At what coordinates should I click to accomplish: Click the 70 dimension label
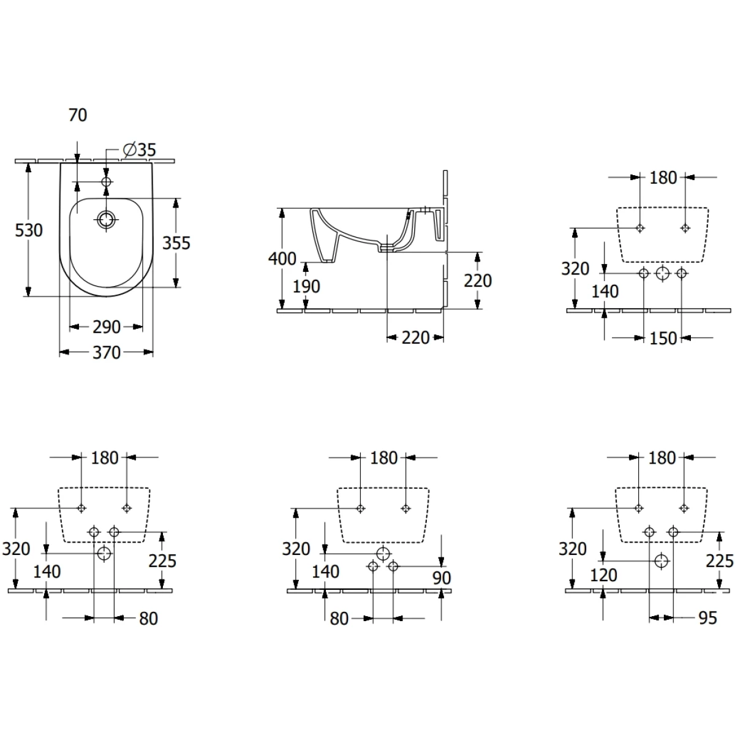coord(78,115)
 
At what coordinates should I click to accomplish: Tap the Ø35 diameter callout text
coord(139,149)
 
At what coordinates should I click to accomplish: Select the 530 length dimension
coord(29,230)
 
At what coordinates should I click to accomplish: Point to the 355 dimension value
coord(176,243)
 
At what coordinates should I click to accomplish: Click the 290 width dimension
coord(107,327)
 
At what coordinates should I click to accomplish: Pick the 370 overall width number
coord(107,352)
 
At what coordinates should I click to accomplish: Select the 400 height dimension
coord(282,258)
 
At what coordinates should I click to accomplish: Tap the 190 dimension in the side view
coord(306,286)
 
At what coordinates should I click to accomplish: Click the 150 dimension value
coord(663,338)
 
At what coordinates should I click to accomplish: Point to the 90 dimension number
coord(441,578)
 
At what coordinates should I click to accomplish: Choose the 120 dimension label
coord(604,575)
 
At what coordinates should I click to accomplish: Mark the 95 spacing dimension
coord(707,618)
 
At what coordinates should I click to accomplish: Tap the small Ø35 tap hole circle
coord(107,182)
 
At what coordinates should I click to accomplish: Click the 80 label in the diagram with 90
coord(339,619)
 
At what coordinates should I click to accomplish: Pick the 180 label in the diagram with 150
coord(663,178)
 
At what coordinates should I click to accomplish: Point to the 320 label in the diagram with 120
coord(573,548)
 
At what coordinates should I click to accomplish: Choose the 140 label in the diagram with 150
coord(605,291)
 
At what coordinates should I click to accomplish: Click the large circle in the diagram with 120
coord(661,560)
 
